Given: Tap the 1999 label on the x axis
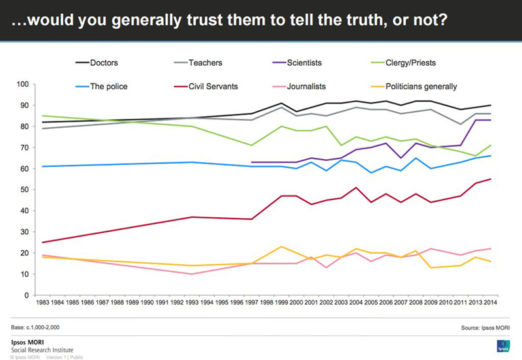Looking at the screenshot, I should point(281,304).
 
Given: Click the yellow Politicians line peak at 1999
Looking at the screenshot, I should point(281,247).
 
